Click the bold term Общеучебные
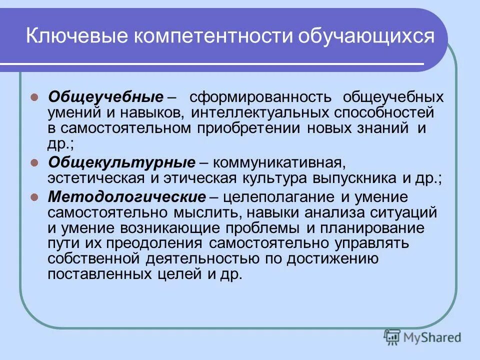coord(105,96)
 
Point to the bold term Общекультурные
coord(121,162)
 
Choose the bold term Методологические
coord(127,196)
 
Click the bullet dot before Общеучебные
coord(35,97)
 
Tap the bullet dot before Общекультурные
coord(35,162)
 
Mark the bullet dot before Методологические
coord(35,197)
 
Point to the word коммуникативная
coord(278,162)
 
